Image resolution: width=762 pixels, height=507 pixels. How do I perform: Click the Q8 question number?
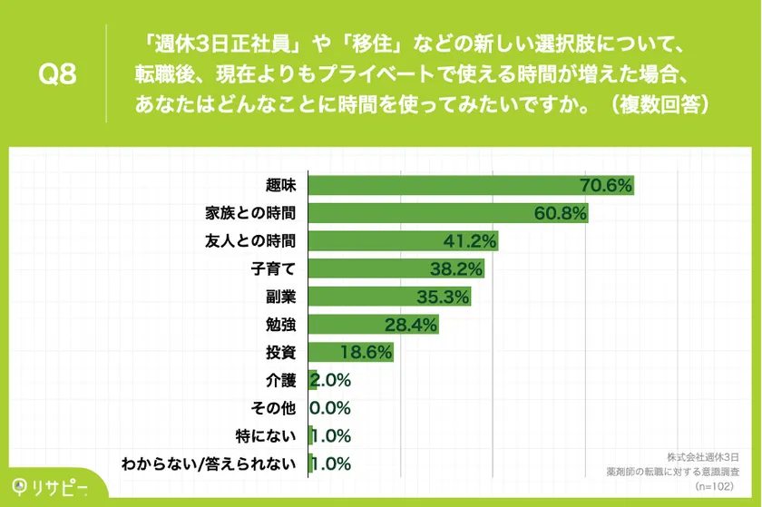(x=55, y=74)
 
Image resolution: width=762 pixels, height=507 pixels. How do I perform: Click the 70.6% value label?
(x=605, y=186)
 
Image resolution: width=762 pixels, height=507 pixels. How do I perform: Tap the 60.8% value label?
(x=561, y=214)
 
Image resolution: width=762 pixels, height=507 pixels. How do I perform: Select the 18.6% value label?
(x=366, y=352)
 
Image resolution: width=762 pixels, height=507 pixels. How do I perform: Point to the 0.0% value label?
(x=330, y=408)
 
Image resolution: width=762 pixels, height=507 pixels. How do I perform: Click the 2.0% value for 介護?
(x=331, y=380)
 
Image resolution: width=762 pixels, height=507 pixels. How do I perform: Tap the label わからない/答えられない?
(x=210, y=463)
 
